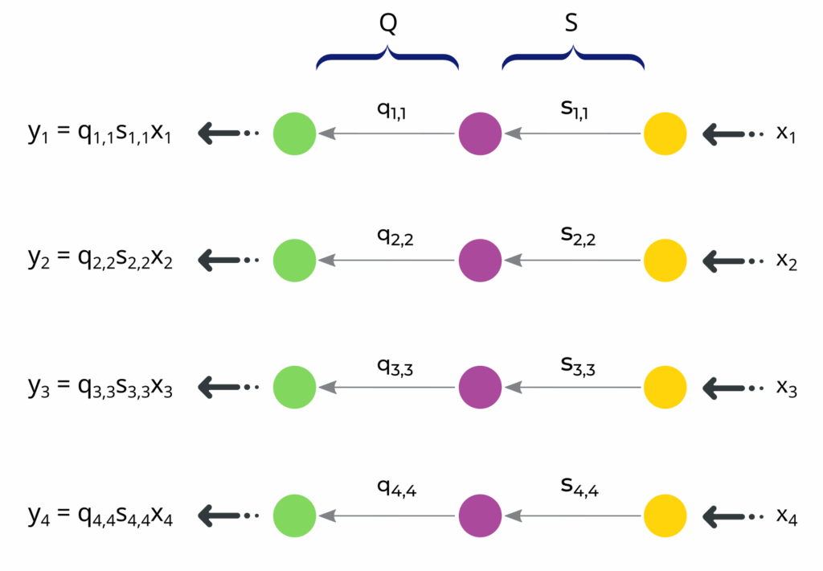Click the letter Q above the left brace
(388, 25)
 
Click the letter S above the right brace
(571, 25)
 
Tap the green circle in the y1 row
(295, 134)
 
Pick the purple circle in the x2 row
(481, 260)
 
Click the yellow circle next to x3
(665, 388)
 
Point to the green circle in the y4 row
(295, 516)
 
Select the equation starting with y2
(100, 260)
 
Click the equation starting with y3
(100, 388)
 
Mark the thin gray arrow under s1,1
(573, 134)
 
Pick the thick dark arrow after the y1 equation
(226, 134)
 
